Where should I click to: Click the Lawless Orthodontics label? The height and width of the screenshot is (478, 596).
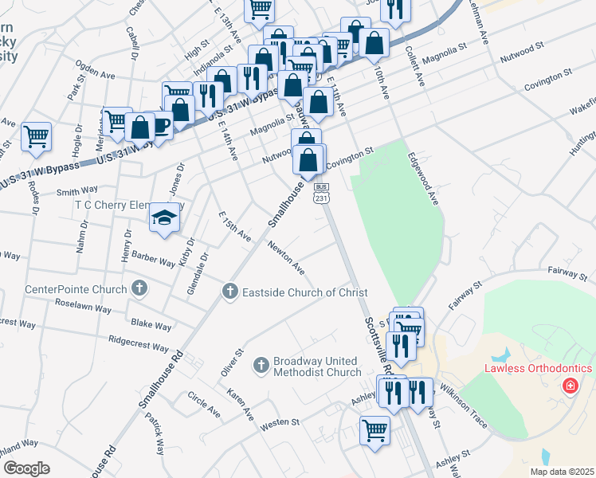tap(539, 368)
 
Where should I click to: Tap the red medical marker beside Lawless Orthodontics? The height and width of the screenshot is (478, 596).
tap(570, 386)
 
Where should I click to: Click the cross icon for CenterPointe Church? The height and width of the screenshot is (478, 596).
tap(139, 288)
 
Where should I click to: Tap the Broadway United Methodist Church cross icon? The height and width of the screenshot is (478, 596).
tap(261, 366)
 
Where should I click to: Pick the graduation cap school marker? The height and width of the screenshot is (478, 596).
tap(164, 218)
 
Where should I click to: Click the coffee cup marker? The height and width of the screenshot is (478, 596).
tap(161, 126)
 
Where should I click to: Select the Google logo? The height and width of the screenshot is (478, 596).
tap(26, 468)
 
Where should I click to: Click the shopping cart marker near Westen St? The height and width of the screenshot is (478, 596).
tap(374, 432)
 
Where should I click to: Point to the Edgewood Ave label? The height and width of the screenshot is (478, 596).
tap(424, 181)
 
